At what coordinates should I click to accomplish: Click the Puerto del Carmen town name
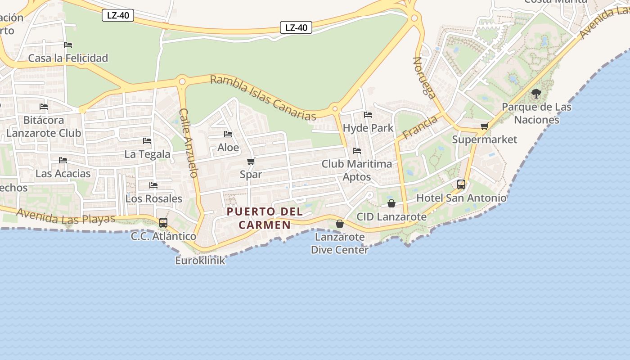tap(265, 218)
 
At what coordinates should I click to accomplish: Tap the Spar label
tap(251, 174)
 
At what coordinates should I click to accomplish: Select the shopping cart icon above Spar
tap(251, 161)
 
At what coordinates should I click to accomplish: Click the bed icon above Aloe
tap(228, 134)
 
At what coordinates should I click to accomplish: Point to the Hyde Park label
tap(368, 128)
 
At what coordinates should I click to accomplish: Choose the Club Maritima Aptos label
tap(357, 170)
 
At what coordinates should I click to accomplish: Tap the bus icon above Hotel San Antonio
tap(461, 184)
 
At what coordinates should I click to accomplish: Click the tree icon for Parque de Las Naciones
tap(536, 94)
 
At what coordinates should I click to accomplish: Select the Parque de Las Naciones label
tap(536, 113)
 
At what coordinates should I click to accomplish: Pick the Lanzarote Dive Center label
tap(340, 243)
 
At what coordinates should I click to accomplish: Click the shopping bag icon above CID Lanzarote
tap(391, 203)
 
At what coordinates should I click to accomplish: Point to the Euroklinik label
tap(200, 260)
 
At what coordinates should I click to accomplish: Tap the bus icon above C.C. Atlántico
tap(163, 222)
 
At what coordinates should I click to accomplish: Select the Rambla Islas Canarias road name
tap(263, 98)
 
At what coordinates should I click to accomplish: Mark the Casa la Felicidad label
tap(68, 58)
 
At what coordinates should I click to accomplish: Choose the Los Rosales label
tap(154, 198)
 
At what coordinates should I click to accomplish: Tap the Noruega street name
tap(424, 77)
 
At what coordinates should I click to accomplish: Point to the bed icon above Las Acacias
tap(63, 160)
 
